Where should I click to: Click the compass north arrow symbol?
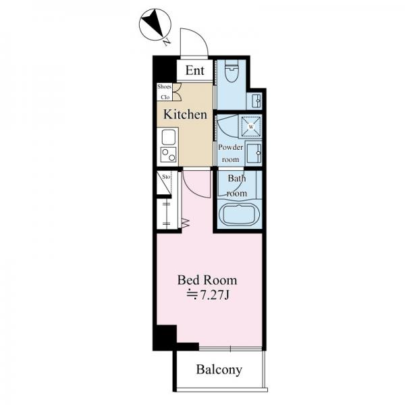coord(155,24)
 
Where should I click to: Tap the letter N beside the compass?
coord(167,42)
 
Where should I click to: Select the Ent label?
coord(195,70)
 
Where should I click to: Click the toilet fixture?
coord(232,70)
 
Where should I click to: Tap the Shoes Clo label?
coord(164,92)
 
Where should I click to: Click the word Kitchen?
coord(185,115)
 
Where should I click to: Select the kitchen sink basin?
coord(169,137)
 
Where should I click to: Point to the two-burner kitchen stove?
coord(169,155)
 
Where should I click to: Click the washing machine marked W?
coord(251,127)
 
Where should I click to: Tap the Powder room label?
coord(230,153)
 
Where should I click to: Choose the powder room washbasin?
coord(254,153)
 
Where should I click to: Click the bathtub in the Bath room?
coord(238,215)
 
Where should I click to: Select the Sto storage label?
coord(166,177)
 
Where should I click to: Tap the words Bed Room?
coord(207,280)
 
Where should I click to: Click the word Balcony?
coord(219,370)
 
